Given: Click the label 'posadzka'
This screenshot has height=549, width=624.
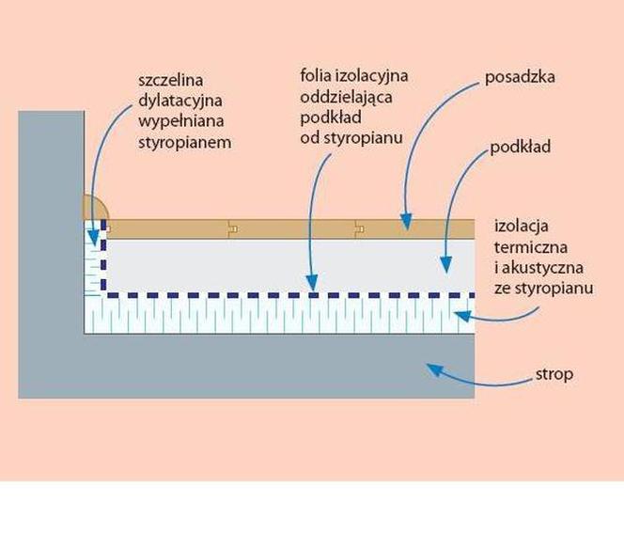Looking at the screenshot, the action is tap(520, 77).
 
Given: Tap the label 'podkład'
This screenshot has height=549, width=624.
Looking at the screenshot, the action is tap(520, 147).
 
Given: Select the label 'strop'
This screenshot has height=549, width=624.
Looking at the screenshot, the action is tap(554, 375).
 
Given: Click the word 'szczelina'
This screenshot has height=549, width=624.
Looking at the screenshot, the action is tap(171, 80).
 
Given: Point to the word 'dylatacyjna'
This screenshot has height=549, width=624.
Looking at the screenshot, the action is tap(179, 101).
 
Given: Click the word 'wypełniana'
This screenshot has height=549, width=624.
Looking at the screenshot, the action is tap(181, 121).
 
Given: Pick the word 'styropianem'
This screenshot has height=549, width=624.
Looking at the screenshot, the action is tap(184, 143).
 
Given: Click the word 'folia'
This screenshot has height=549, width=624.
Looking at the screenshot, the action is tap(316, 75).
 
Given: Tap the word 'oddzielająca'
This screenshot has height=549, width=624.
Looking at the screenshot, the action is tap(346, 98).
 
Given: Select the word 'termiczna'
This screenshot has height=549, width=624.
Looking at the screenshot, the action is tap(531, 247).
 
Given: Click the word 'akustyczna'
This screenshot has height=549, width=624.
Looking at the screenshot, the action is tap(542, 268).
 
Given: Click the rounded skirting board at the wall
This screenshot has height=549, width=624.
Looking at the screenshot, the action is tap(95, 208).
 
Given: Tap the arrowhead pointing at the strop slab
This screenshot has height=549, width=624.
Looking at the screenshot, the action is tap(434, 369).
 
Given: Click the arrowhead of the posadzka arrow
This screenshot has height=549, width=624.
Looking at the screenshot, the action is tap(406, 222).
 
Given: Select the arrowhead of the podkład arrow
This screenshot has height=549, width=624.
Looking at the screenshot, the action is tap(446, 264).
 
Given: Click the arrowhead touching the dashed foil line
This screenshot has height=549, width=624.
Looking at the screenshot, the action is tap(313, 282).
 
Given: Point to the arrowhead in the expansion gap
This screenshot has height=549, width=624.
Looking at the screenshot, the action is tap(93, 237).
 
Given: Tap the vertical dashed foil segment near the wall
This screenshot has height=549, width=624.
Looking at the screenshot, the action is tap(103, 256).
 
